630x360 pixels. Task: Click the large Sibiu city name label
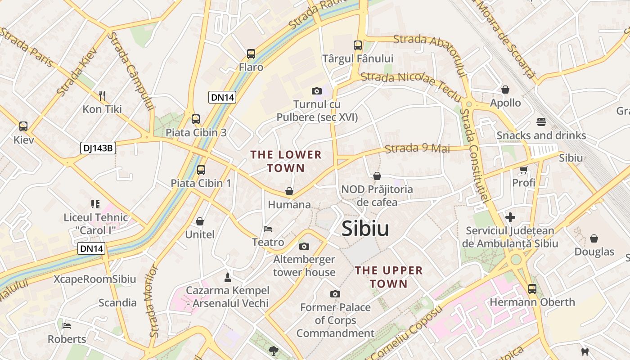click(365, 229)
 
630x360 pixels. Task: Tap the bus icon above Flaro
click(251, 54)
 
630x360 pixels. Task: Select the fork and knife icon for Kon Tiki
click(102, 95)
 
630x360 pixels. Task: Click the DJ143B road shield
click(98, 148)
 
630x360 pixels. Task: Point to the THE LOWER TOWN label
click(286, 162)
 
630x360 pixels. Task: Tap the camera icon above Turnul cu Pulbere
click(317, 91)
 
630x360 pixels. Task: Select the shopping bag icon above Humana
click(289, 191)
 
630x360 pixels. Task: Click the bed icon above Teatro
click(268, 229)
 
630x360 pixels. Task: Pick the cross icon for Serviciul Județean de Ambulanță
click(510, 218)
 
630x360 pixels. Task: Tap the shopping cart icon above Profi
click(523, 170)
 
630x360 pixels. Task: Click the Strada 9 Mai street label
click(418, 148)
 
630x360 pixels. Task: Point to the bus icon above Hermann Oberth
click(532, 288)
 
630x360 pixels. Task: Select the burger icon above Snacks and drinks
click(541, 122)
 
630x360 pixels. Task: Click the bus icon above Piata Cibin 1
click(201, 170)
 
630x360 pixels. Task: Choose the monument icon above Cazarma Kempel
click(227, 277)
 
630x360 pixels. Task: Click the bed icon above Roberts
click(67, 325)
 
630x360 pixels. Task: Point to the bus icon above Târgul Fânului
click(358, 45)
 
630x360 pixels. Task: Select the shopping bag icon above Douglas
click(594, 238)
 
